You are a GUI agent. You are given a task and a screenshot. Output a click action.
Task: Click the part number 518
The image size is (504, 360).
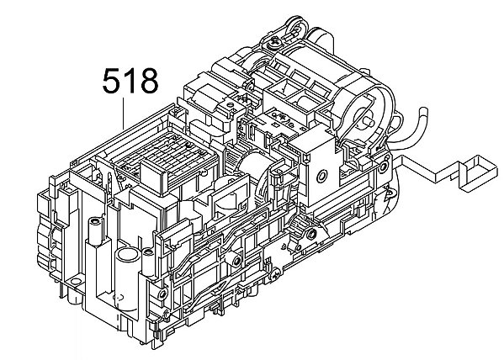tap(130, 82)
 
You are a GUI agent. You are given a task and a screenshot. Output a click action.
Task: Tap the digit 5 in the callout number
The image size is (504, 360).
tap(112, 82)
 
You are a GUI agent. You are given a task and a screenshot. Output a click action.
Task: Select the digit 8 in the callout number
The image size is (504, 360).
tap(147, 82)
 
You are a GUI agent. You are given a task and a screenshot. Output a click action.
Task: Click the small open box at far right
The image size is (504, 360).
tap(475, 167)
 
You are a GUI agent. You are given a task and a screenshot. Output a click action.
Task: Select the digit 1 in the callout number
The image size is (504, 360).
tap(130, 82)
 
